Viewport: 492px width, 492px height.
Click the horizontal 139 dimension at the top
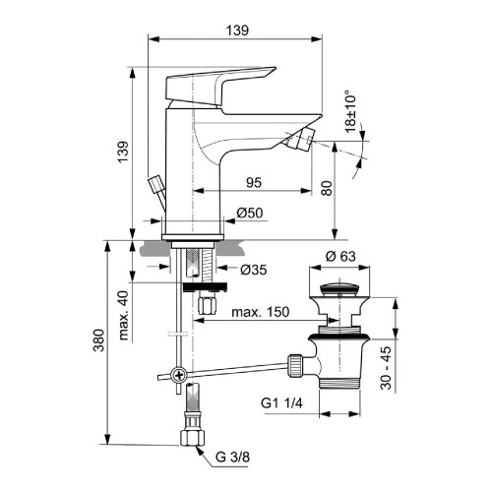click(236, 31)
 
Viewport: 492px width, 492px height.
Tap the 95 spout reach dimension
click(253, 181)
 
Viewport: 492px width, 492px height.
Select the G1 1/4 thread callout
click(282, 403)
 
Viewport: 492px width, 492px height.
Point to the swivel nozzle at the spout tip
click(307, 142)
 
